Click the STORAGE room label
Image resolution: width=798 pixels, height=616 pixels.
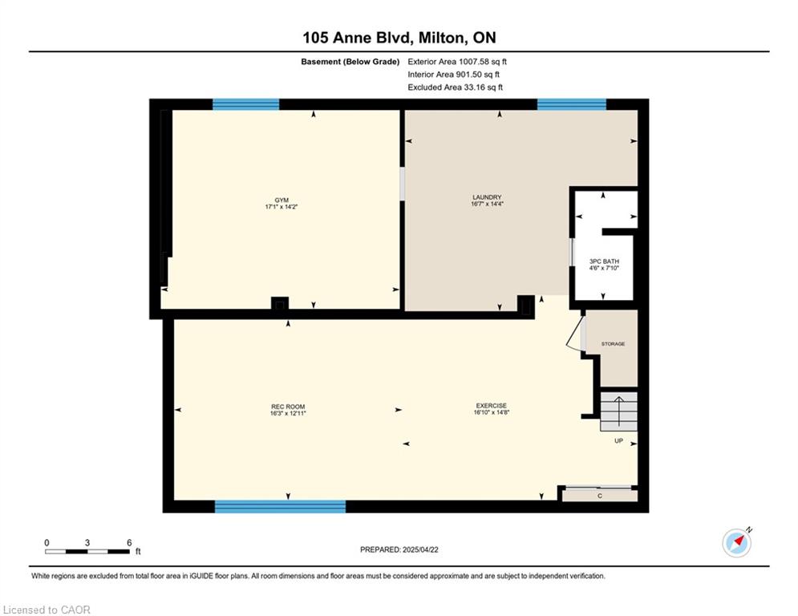point(613,344)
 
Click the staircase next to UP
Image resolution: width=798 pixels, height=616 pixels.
point(619,411)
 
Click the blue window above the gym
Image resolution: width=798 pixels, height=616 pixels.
point(245,104)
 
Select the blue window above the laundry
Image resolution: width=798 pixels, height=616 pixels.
point(572,104)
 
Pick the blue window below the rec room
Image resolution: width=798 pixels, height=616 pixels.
point(281,507)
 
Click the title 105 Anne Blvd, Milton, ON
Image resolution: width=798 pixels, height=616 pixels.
point(399,38)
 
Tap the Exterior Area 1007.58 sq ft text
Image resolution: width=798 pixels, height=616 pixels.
point(457,62)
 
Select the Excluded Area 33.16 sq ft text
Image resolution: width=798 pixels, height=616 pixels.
point(455,87)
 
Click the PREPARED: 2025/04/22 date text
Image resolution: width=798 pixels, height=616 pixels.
point(399,549)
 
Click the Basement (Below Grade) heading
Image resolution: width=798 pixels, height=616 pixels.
point(350,62)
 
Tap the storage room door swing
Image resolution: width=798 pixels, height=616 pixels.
point(574,334)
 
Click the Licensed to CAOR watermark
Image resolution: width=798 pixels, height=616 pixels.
point(47,610)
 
